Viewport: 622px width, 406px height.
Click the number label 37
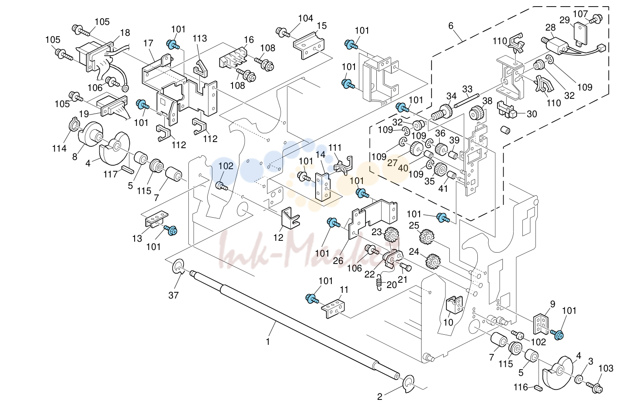(x=174, y=295)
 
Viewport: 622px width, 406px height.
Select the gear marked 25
(x=427, y=236)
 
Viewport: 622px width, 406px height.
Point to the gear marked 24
(x=433, y=261)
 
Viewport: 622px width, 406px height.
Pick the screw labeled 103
(x=594, y=387)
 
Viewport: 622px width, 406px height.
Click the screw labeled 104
(x=283, y=32)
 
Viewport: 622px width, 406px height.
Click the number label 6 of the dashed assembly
(x=450, y=26)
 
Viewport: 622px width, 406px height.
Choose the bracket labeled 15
(x=309, y=46)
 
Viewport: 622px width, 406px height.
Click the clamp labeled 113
(x=201, y=69)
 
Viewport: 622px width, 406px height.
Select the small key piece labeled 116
(x=538, y=388)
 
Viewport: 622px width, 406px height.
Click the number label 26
(x=338, y=260)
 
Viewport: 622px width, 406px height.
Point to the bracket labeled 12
(x=290, y=218)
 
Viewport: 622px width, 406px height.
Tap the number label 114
(x=59, y=149)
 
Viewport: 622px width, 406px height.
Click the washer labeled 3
(x=578, y=380)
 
